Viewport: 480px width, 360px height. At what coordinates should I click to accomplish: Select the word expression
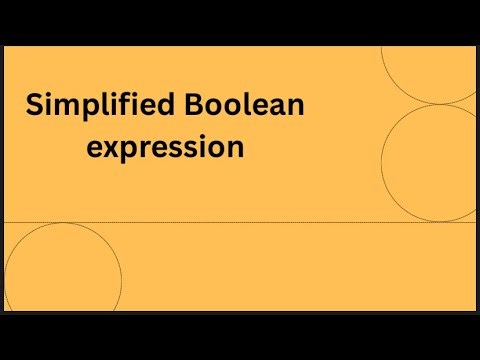pos(166,148)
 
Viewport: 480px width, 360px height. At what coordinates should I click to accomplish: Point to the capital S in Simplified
pos(35,105)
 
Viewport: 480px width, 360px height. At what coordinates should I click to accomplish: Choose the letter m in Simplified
pos(64,106)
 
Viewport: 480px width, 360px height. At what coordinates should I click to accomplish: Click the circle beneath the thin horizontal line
pos(62,281)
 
